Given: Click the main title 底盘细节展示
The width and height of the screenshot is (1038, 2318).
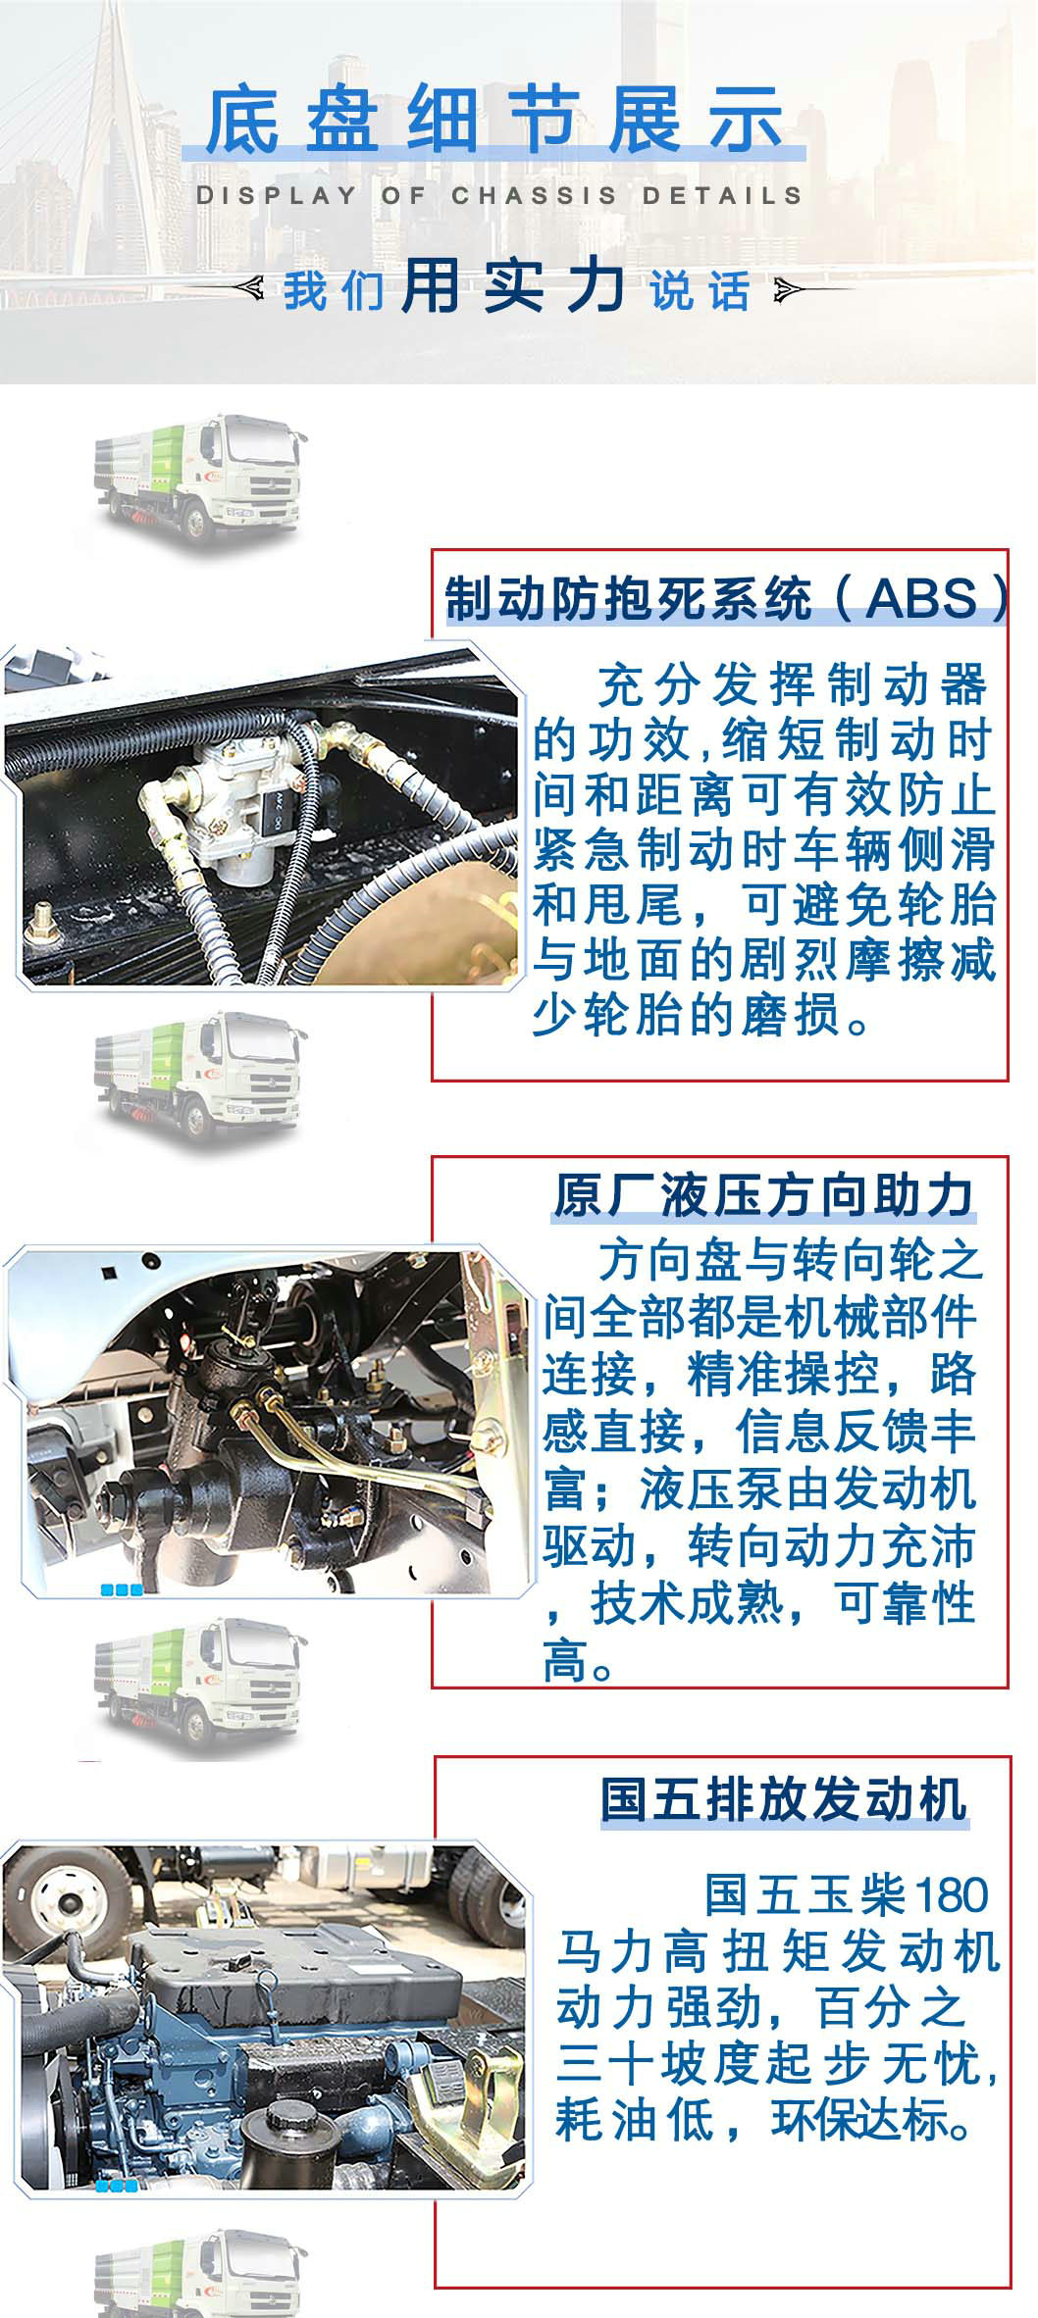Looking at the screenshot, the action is pos(494,122).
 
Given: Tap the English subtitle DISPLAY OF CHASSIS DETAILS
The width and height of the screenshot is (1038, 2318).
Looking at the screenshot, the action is pos(499,195).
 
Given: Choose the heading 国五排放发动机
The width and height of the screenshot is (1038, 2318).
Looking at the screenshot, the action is pos(784,1799).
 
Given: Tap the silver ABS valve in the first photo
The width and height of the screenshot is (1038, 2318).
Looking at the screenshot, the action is pos(240,810).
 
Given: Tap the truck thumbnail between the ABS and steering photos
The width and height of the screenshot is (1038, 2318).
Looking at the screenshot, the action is pos(201,1074).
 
